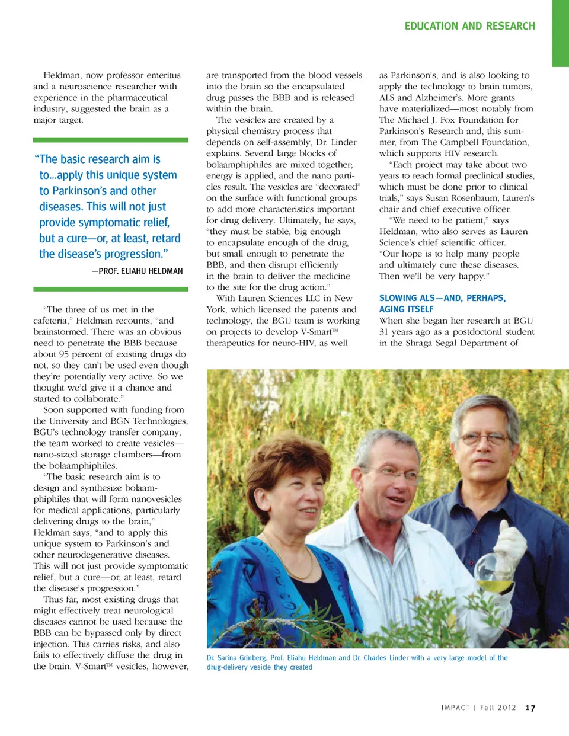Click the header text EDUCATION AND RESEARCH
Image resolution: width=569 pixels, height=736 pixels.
point(469,26)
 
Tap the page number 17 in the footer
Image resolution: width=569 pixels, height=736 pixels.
point(530,708)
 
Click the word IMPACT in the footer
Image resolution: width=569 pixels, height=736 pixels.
point(455,708)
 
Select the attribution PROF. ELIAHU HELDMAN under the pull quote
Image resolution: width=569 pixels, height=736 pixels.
point(138,271)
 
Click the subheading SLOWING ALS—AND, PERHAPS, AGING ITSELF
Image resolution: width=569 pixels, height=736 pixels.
point(442,303)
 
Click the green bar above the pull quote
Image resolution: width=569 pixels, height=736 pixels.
point(111,140)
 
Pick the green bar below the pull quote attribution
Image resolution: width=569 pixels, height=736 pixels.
point(111,289)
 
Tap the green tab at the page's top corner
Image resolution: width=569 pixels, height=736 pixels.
point(560,33)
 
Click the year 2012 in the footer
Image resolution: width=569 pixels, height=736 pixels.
point(506,708)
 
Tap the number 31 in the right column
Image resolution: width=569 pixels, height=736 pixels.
point(385,332)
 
